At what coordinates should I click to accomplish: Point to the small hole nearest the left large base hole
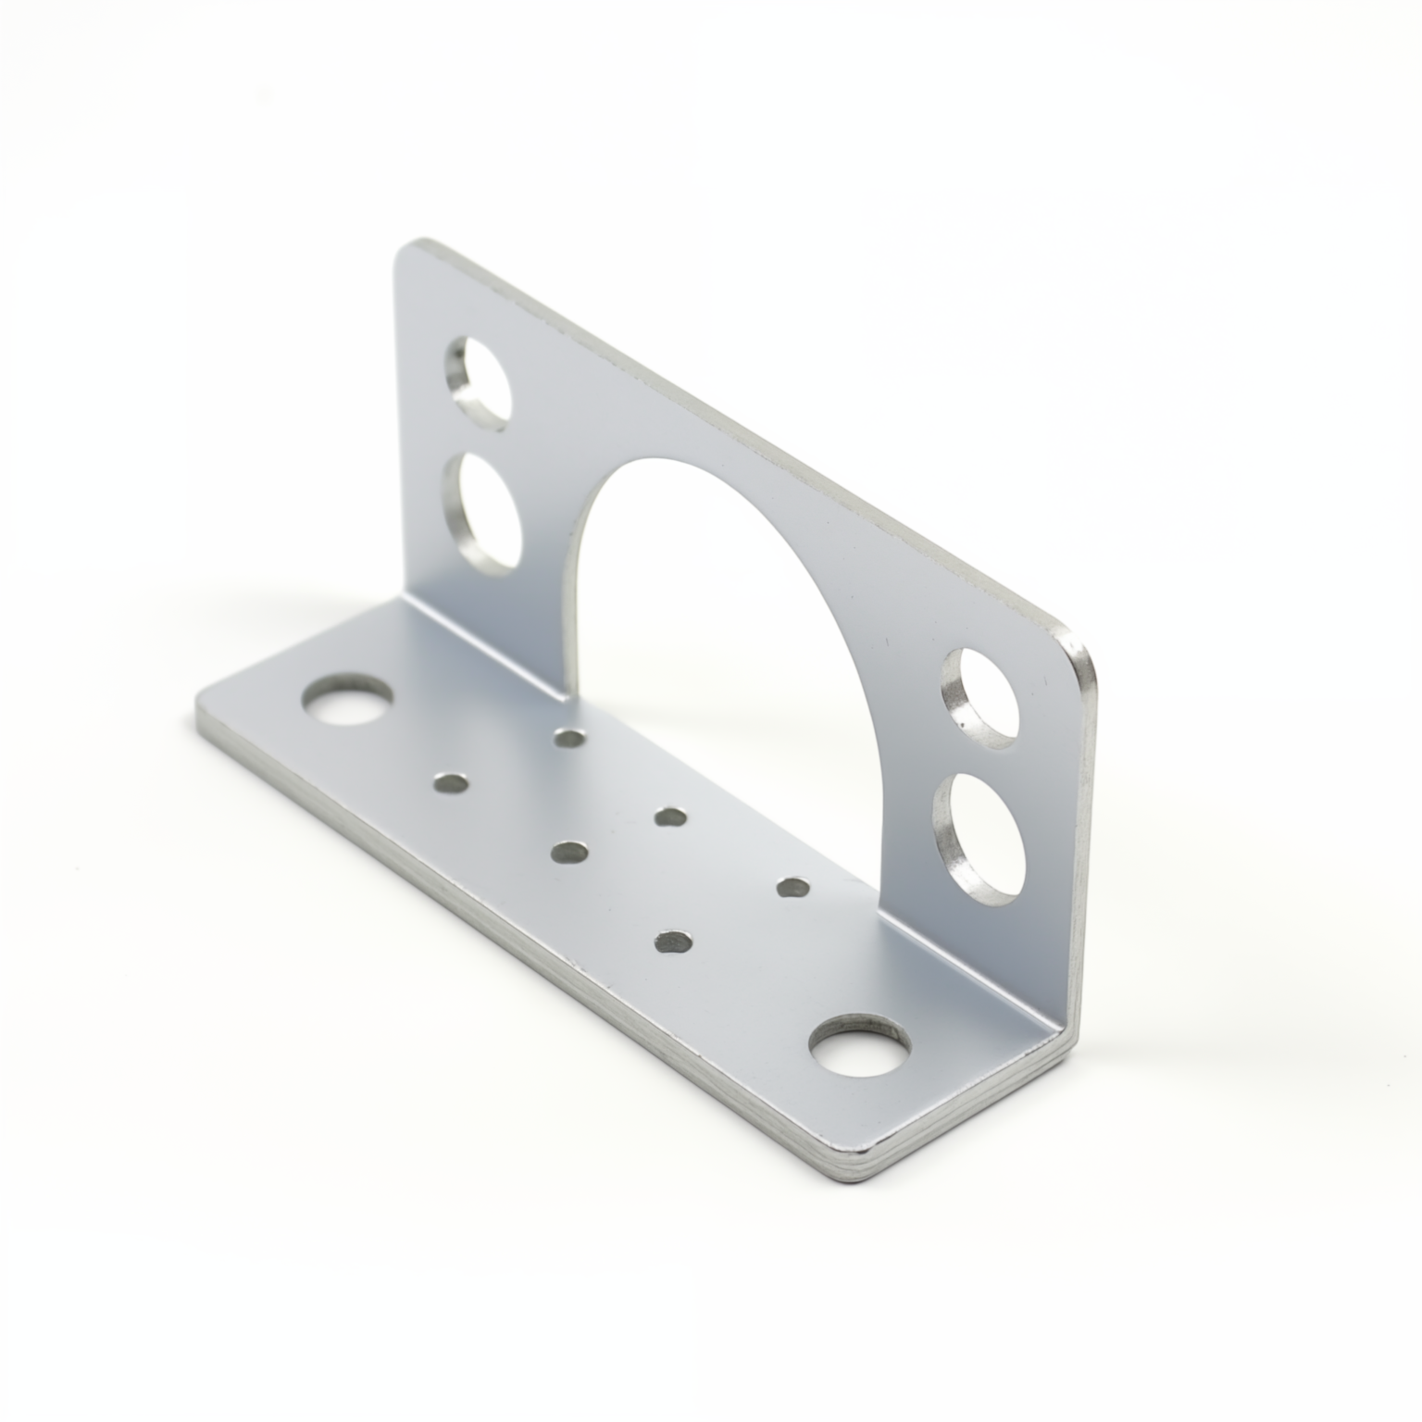452,783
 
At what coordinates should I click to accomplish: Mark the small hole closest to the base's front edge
673,942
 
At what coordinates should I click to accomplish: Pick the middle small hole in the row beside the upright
670,817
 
